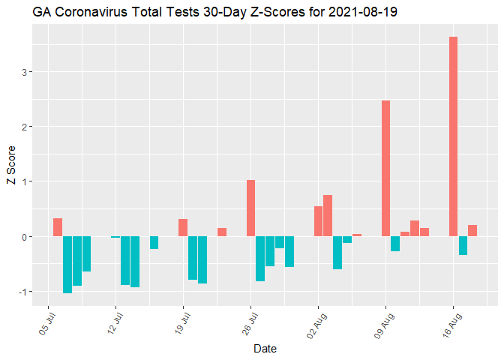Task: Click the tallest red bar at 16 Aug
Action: coord(453,136)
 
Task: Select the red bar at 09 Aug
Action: coord(385,168)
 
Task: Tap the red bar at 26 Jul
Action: coord(250,208)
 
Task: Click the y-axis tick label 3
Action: coord(24,72)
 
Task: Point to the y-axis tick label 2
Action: coord(24,127)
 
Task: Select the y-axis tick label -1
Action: coord(22,292)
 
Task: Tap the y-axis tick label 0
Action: coord(24,237)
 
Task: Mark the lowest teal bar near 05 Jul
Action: coord(67,265)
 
